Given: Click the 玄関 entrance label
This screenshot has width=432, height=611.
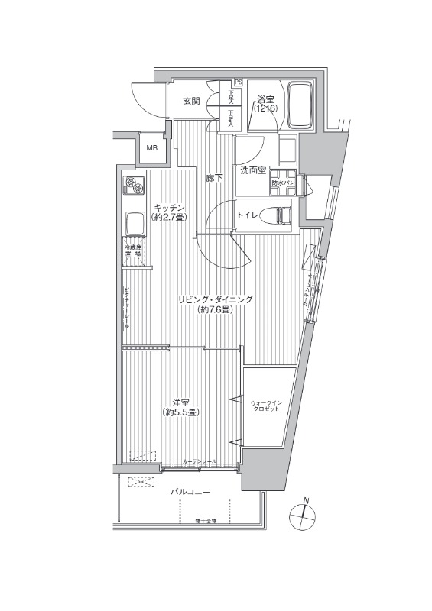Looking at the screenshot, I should [x=192, y=101].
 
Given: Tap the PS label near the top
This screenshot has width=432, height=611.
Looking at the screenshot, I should [x=238, y=82].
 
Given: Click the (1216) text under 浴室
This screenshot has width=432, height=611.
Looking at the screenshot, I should [x=267, y=110].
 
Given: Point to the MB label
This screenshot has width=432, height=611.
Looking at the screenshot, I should [x=151, y=147].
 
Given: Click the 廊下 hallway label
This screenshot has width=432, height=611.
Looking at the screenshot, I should [x=214, y=179].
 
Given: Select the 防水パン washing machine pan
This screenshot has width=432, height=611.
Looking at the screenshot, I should [x=281, y=183].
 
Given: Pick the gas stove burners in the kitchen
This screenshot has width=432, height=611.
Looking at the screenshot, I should [x=133, y=185].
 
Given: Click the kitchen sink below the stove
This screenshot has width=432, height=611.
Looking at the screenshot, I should [x=135, y=224].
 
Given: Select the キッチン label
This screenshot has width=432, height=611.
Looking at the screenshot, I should [x=167, y=207].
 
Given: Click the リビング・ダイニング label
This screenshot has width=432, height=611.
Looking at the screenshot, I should [x=216, y=299].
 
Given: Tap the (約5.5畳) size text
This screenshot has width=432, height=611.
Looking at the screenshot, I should [x=180, y=412].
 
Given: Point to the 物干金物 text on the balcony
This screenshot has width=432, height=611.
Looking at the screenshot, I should [x=206, y=521].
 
